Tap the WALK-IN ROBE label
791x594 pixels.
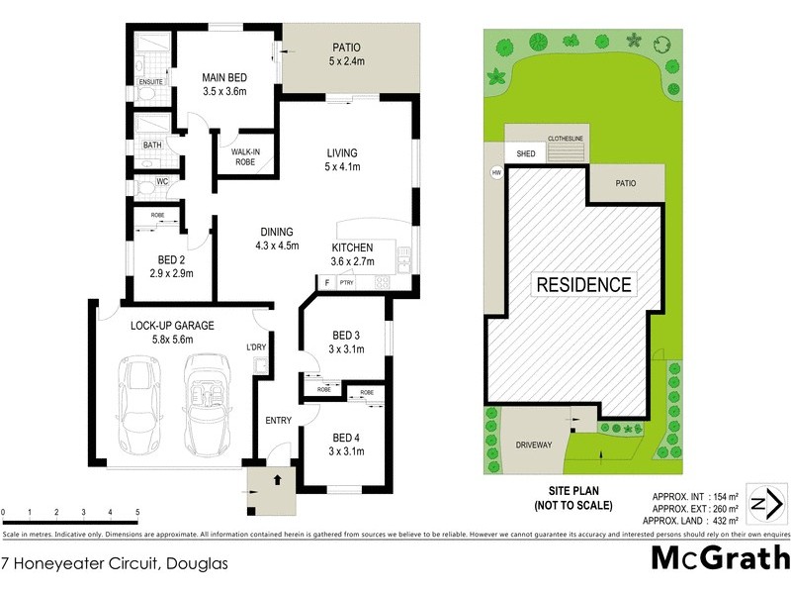246,156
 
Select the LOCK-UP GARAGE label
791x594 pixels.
173,325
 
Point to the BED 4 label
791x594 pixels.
346,438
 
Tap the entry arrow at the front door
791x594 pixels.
278,479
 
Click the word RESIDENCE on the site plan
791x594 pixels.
583,285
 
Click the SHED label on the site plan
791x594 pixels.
526,153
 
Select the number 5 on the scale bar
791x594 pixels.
136,512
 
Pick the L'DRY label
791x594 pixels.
257,346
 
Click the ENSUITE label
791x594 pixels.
150,81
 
